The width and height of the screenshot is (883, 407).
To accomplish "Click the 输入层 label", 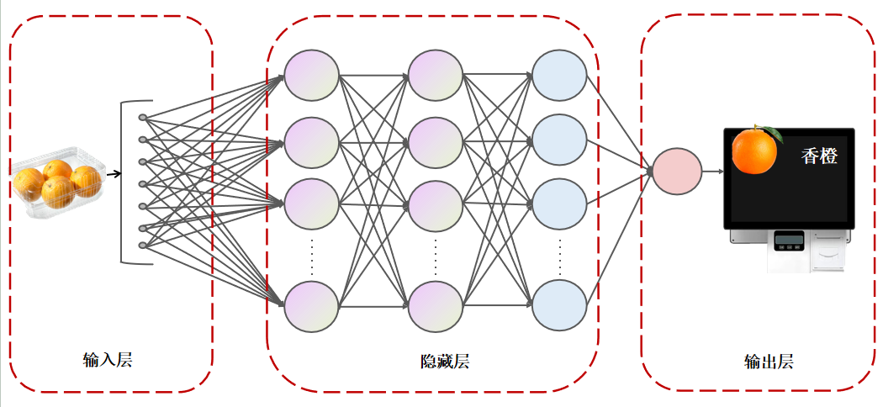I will (x=108, y=361).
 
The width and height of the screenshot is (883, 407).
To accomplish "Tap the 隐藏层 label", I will (x=445, y=362).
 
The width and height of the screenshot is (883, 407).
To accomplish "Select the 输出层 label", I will (x=769, y=362).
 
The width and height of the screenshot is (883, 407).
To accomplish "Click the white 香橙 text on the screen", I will (x=819, y=156).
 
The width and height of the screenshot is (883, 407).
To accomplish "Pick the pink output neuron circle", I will (x=676, y=172).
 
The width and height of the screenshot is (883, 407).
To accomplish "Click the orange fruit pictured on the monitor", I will (x=754, y=151).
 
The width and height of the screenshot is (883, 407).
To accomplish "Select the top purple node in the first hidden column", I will (x=311, y=76).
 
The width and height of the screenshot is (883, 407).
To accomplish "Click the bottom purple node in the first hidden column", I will (x=311, y=306).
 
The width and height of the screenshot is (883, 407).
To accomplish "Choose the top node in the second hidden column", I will (x=436, y=76).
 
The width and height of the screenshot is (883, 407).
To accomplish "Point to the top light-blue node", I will (x=559, y=76).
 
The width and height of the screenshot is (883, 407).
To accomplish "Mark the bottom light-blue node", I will (x=559, y=306).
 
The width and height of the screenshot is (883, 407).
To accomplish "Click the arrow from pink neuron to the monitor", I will (x=713, y=172).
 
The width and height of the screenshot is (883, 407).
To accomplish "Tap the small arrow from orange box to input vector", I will (x=114, y=174).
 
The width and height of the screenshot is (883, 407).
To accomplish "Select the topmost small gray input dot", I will (x=142, y=117).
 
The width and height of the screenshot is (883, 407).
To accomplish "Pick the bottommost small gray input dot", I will (x=142, y=246).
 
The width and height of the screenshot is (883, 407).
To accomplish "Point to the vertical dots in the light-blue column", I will (x=559, y=257).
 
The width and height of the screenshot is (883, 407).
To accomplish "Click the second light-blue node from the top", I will (x=559, y=140).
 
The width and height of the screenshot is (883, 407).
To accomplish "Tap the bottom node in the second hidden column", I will (x=436, y=306).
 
